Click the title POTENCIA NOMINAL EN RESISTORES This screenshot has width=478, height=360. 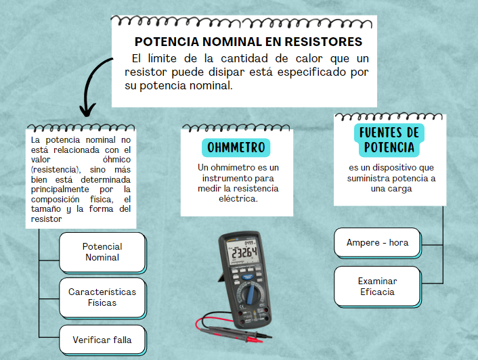click(x=248, y=42)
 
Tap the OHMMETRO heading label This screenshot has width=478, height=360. click(x=236, y=148)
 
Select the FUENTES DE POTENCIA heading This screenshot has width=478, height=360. click(x=389, y=139)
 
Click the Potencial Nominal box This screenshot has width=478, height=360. click(x=102, y=252)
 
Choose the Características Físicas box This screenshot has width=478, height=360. click(x=102, y=297)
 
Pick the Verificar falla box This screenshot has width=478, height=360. click(x=102, y=340)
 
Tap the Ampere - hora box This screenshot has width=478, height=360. click(x=377, y=242)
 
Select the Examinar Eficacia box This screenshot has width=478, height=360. click(x=378, y=286)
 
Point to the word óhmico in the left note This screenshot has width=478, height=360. click(x=120, y=160)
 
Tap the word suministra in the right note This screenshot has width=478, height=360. click(x=369, y=179)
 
